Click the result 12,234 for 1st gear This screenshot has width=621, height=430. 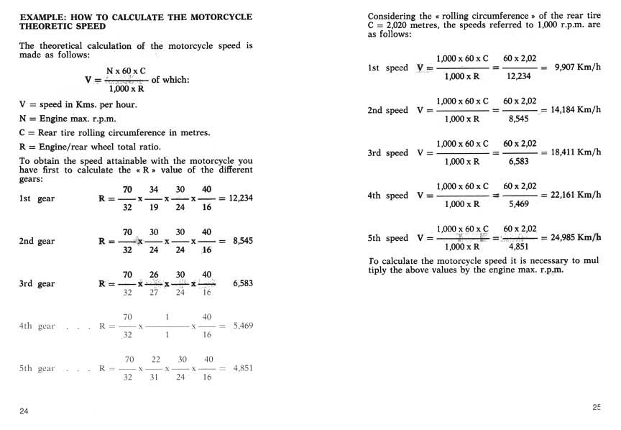(x=240, y=198)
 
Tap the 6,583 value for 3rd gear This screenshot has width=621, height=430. (x=243, y=284)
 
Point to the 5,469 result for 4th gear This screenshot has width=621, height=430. (x=243, y=326)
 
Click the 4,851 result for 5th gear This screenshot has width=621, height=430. (x=243, y=369)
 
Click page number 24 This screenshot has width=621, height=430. (x=24, y=411)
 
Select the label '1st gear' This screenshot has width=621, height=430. (x=37, y=198)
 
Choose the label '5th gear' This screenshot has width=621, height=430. (x=37, y=369)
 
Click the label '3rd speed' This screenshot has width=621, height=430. (x=387, y=153)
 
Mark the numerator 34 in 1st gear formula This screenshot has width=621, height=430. (x=154, y=190)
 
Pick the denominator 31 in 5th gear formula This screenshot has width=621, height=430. (x=154, y=378)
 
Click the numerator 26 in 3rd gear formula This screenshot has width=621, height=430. (x=154, y=275)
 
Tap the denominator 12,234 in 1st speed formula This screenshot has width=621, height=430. (x=519, y=76)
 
